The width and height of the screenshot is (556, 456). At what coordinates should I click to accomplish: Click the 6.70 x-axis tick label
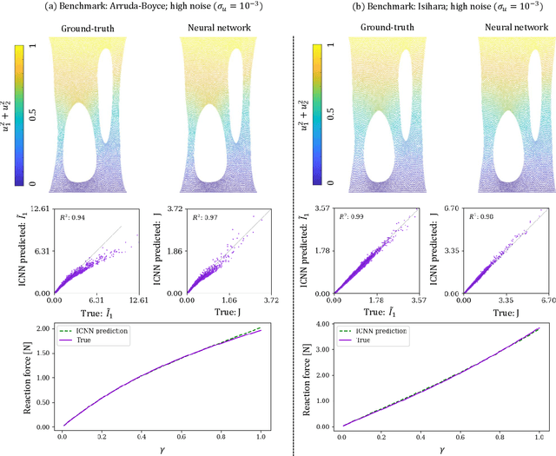coord(539,301)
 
